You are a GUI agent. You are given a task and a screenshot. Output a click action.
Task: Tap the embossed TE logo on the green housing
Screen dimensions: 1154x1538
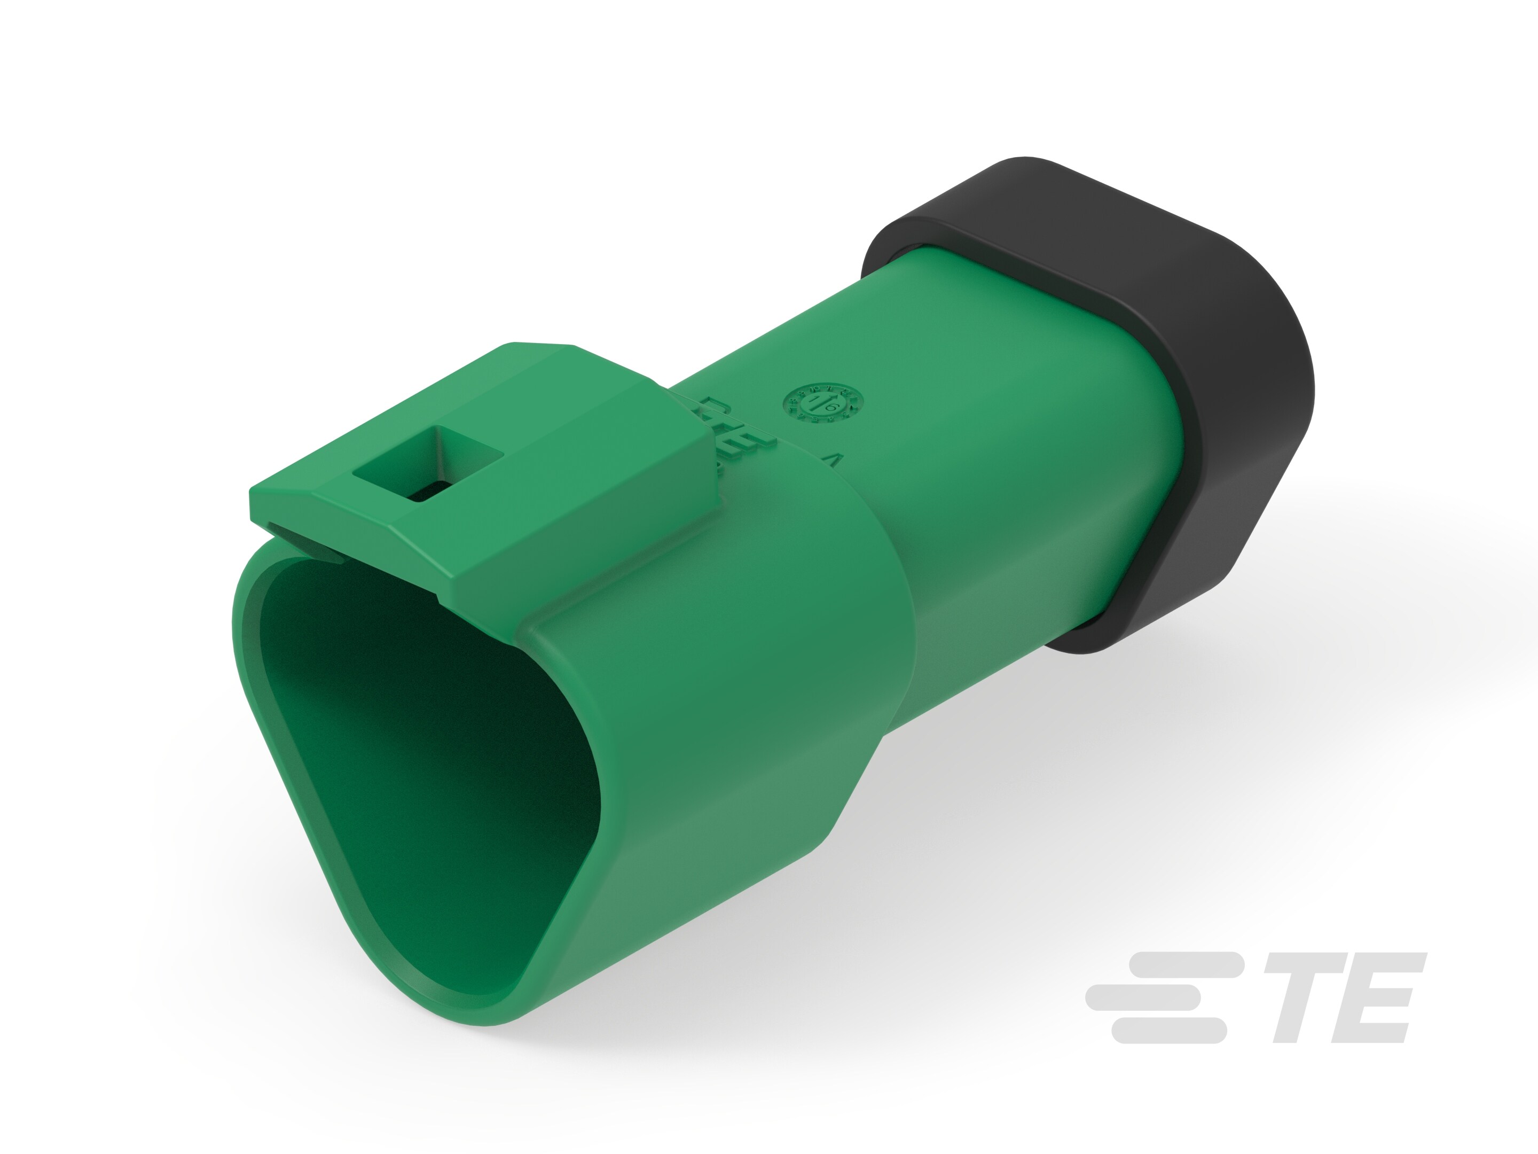point(730,428)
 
